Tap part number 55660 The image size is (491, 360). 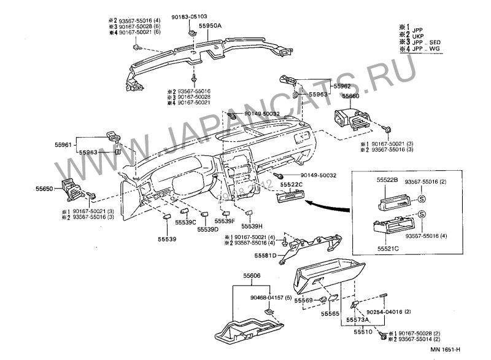coord(351,96)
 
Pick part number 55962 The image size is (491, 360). coord(342,87)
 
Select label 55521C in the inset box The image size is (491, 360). coord(387,248)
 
